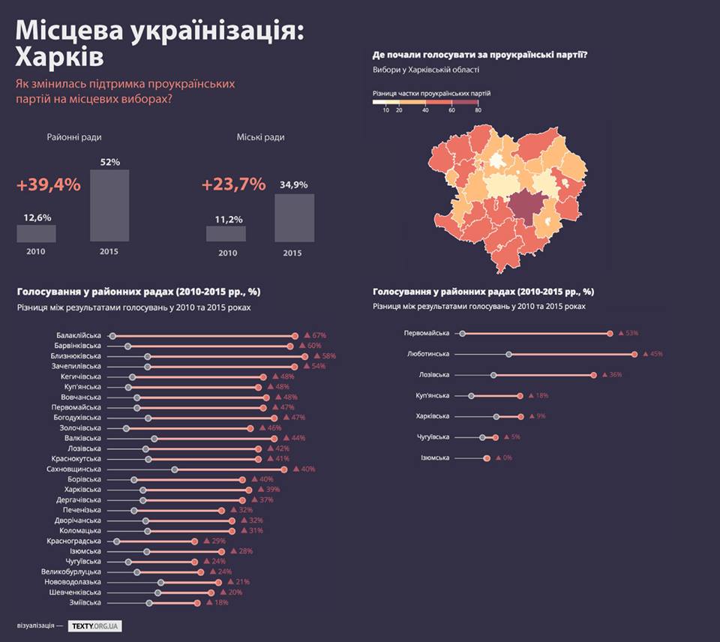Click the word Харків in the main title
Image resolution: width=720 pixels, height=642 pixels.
coord(60,58)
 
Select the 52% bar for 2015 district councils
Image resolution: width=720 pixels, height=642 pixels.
coord(109,205)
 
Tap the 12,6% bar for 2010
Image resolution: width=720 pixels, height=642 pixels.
coord(36,233)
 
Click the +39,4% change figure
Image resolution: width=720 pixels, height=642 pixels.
coord(48,184)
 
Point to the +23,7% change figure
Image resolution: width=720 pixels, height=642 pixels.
coord(233,184)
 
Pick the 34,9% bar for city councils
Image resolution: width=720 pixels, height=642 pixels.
coord(294,217)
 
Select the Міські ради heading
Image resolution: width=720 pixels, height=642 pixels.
coord(260,137)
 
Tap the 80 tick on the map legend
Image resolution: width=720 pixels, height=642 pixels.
coord(478,110)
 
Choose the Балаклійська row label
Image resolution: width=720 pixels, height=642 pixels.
coord(79,335)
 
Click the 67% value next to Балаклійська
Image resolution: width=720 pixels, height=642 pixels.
coord(319,335)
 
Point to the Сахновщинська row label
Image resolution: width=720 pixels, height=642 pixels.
coord(73,469)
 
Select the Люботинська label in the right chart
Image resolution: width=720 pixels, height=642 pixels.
coord(428,353)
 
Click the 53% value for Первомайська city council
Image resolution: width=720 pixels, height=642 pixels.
coord(631,332)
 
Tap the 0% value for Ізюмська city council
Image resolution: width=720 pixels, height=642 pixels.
coord(507,457)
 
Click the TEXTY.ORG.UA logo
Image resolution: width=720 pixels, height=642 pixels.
coord(95,625)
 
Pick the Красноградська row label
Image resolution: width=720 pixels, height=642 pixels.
coord(73,541)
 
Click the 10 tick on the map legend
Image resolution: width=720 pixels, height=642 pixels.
coord(386,110)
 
